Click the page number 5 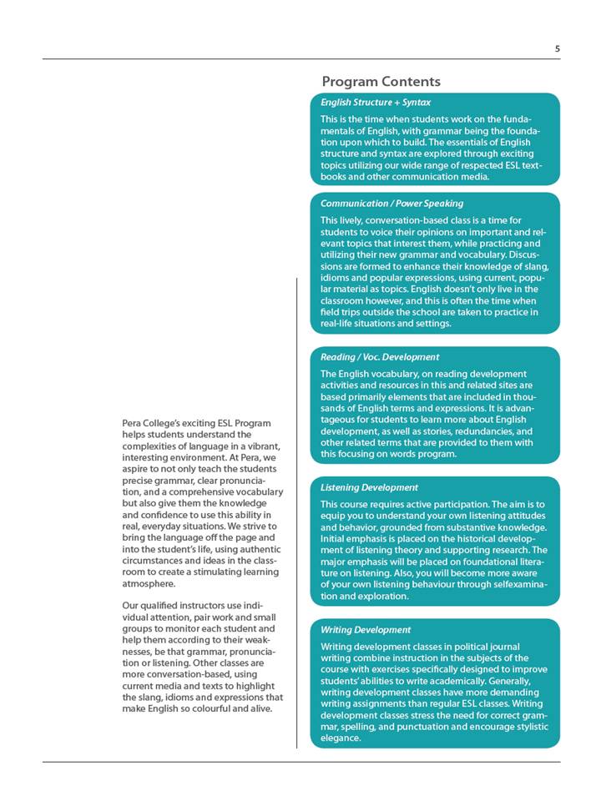[558, 48]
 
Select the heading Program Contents [381, 81]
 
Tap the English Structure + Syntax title [376, 102]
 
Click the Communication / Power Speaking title [391, 203]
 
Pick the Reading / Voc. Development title [380, 357]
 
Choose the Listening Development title [370, 487]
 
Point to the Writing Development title [366, 630]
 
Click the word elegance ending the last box [341, 738]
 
